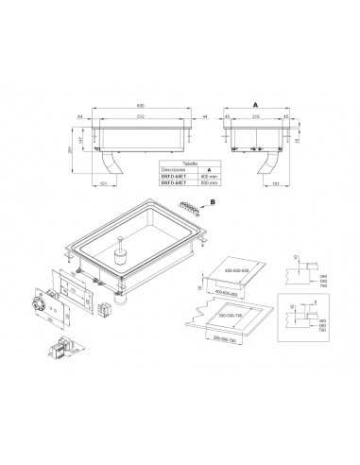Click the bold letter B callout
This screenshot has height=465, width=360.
click(213, 202)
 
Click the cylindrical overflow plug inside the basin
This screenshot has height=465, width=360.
click(121, 258)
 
